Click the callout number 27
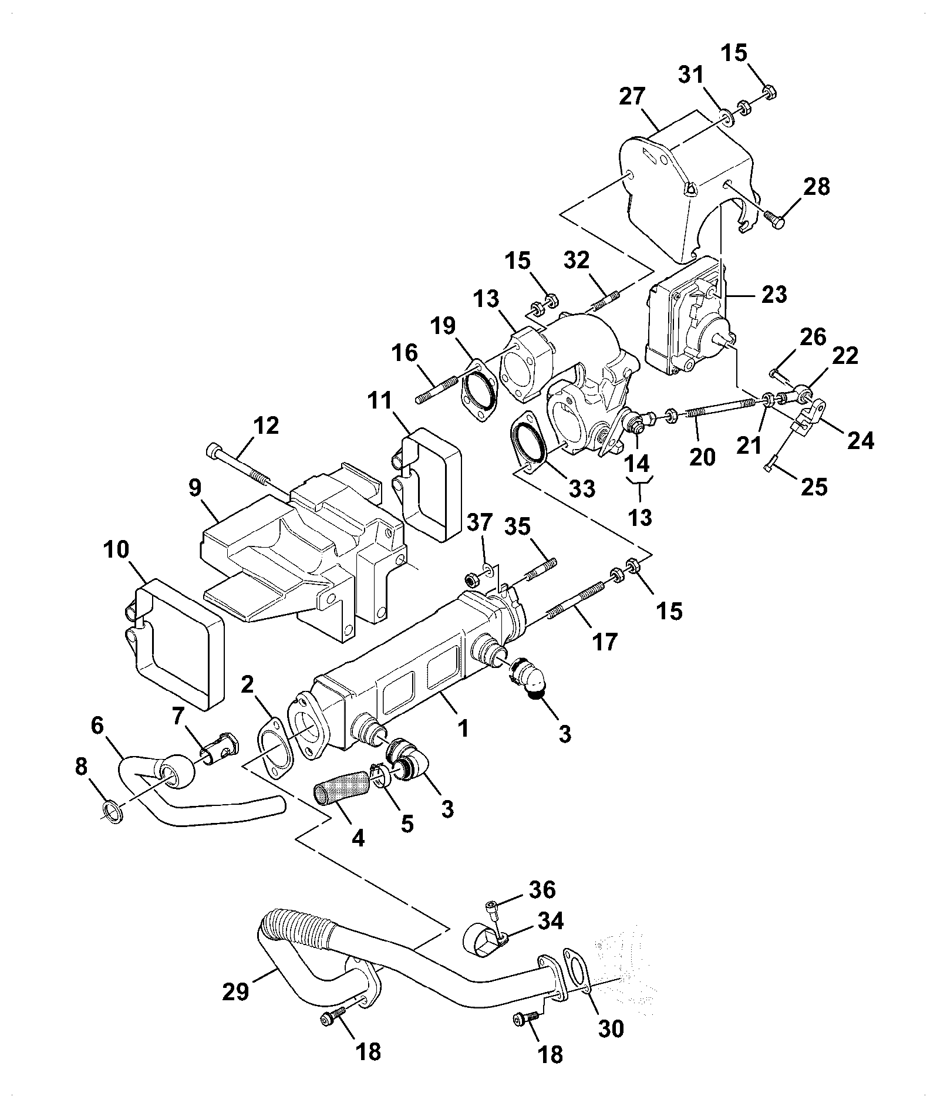(632, 96)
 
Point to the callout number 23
(773, 293)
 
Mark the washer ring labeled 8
(113, 813)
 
